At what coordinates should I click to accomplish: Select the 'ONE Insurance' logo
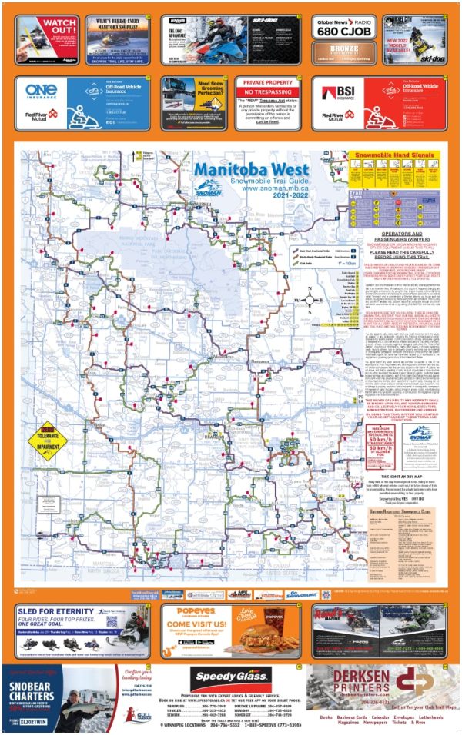[42, 91]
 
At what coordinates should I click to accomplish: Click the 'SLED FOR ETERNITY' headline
[52, 612]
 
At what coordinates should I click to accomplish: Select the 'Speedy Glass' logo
[231, 677]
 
